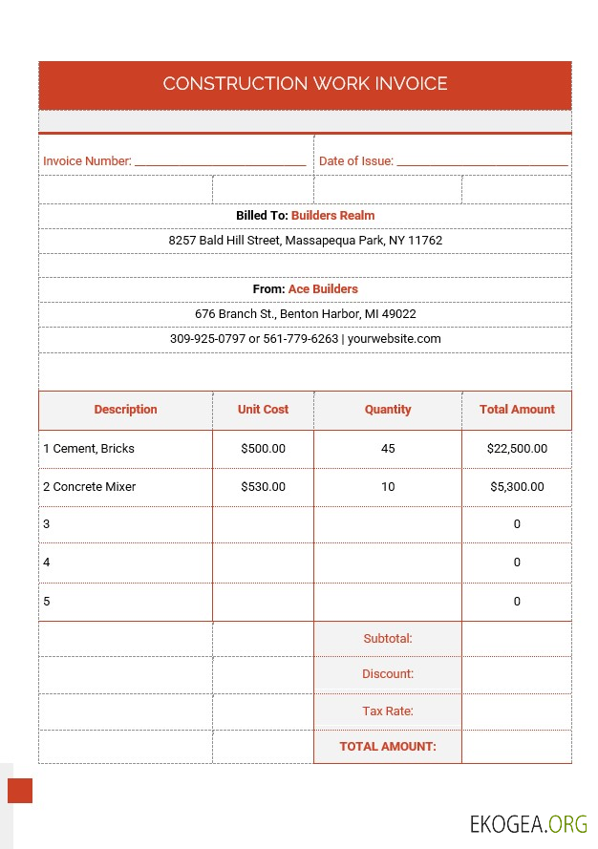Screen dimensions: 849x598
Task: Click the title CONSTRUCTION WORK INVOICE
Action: pos(305,83)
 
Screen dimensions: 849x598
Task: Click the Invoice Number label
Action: pos(87,161)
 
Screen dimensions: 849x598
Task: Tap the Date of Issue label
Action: pos(355,161)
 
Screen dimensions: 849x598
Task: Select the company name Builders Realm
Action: pos(332,216)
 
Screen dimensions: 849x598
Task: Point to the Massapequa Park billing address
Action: pos(305,241)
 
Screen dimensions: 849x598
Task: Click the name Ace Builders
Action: pos(323,288)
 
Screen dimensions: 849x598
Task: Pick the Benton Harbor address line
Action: pos(305,313)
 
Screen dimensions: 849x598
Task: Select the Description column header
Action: pos(125,410)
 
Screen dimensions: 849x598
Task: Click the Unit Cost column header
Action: pos(263,410)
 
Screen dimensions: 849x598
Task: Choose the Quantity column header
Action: pos(388,410)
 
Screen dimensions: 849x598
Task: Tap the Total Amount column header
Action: pos(517,410)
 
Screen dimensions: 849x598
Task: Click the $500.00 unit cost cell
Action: pos(263,448)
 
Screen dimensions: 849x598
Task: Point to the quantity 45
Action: pos(388,448)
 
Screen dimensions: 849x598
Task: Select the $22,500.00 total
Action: pos(517,448)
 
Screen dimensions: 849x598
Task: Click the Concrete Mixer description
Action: pos(94,487)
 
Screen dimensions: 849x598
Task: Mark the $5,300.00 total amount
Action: pos(517,487)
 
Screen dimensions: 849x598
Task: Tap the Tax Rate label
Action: pos(387,711)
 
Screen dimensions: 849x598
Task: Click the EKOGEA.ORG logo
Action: pos(528,823)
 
